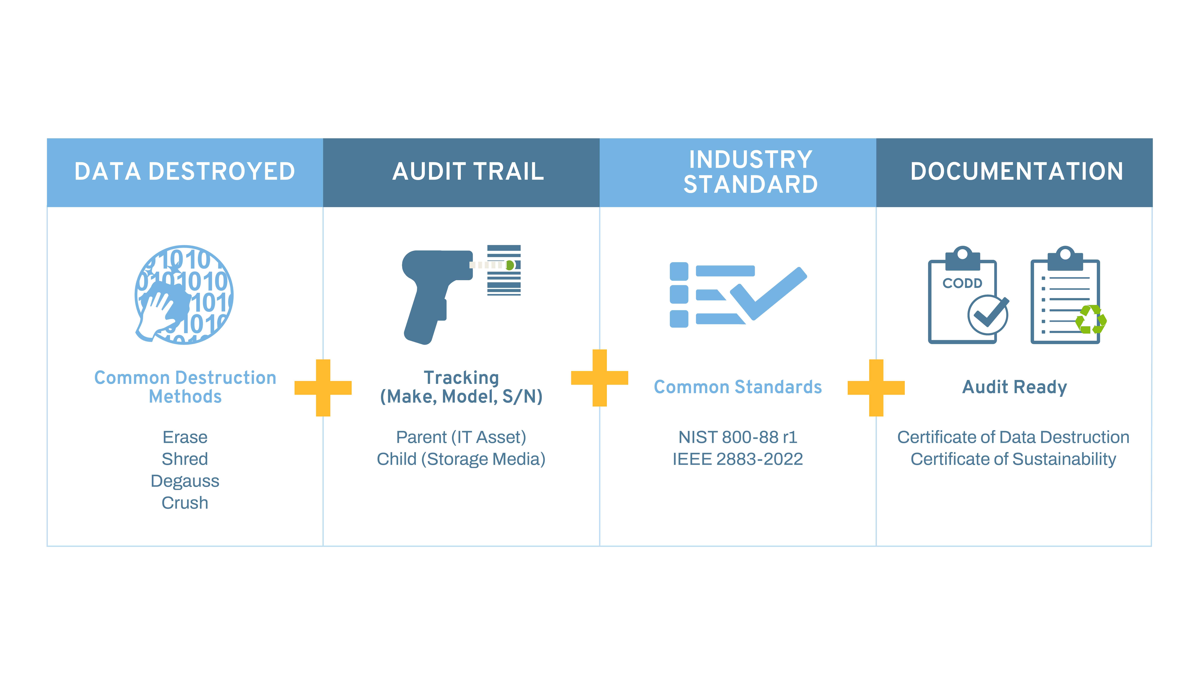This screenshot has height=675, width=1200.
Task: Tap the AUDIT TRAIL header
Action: pos(468,171)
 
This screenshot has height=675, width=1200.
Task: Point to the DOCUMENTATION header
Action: pos(1017,171)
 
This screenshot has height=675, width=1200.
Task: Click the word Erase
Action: pos(185,437)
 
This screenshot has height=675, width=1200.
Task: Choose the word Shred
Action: pos(185,459)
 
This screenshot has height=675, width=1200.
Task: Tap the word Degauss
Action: pos(185,481)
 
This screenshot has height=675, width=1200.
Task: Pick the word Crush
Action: pos(185,503)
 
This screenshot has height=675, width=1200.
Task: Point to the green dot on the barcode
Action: pos(510,265)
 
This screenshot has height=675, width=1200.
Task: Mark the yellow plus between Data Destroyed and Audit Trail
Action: pos(323,388)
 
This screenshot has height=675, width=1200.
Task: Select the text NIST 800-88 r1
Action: pos(738,437)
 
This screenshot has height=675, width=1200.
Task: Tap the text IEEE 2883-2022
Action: pos(738,459)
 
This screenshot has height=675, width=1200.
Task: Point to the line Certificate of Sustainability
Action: pos(1014,459)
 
